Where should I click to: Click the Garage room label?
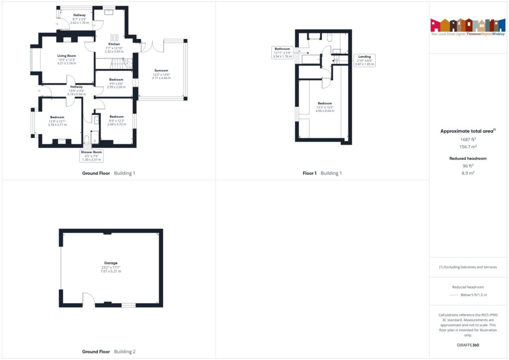111,263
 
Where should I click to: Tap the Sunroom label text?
161,70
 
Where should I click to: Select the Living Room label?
66,56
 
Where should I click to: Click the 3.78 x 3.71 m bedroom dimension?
57,125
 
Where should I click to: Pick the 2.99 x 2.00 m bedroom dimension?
116,87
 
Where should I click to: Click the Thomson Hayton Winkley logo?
468,27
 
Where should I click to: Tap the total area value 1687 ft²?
468,139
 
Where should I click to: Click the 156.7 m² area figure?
468,147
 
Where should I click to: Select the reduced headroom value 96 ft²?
468,166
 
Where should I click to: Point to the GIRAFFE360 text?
468,345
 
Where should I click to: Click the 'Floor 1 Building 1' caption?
322,173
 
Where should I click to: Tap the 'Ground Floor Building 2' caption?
108,352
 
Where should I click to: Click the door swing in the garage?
88,299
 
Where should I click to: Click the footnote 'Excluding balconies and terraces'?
468,267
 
